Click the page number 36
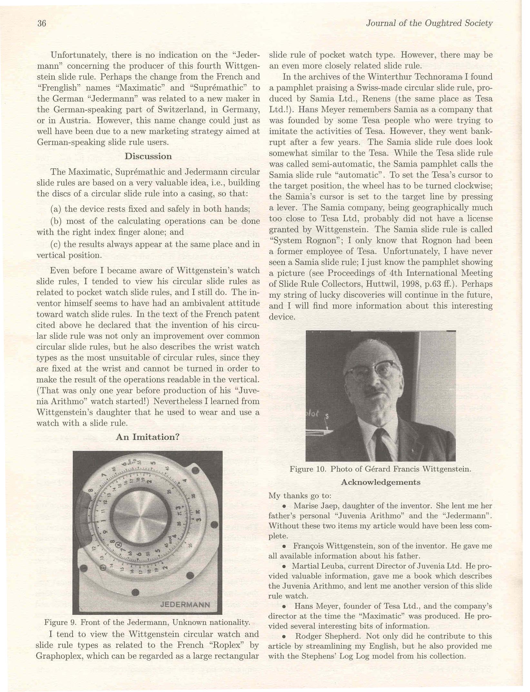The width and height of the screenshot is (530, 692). pyautogui.click(x=42, y=24)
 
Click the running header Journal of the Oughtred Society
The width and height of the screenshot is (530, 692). pyautogui.click(x=429, y=23)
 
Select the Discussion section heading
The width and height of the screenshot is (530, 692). pyautogui.click(x=148, y=156)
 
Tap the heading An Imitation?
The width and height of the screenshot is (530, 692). pyautogui.click(x=148, y=437)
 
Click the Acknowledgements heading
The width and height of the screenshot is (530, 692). pyautogui.click(x=380, y=482)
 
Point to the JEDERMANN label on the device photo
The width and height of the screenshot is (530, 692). pyautogui.click(x=185, y=605)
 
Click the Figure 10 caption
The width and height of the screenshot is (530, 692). pyautogui.click(x=380, y=469)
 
